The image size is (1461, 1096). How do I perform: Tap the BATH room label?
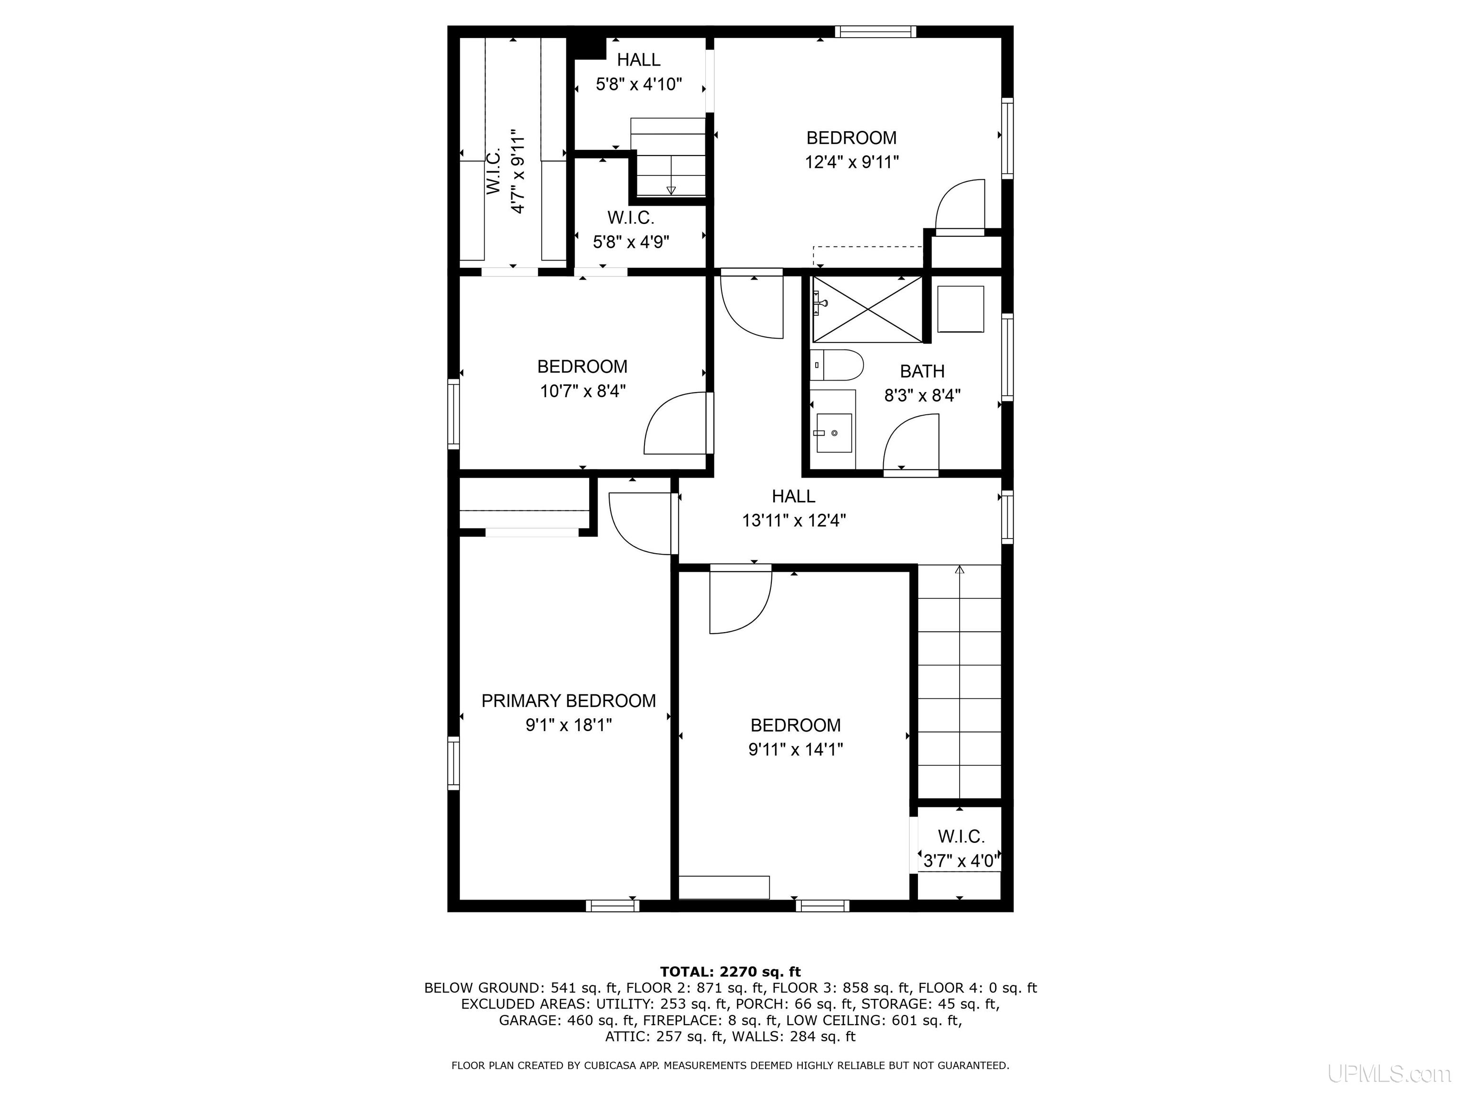(922, 371)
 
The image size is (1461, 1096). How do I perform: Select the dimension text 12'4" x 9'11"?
(851, 162)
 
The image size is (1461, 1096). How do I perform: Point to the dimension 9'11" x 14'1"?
(795, 749)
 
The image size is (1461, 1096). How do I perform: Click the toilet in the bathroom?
(837, 365)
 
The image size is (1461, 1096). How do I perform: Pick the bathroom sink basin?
(834, 433)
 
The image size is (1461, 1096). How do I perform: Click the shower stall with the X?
(867, 309)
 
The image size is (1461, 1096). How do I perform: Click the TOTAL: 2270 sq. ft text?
(730, 972)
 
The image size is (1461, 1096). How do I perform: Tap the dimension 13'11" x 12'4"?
(794, 520)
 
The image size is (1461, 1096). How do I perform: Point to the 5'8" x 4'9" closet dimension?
(631, 242)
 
